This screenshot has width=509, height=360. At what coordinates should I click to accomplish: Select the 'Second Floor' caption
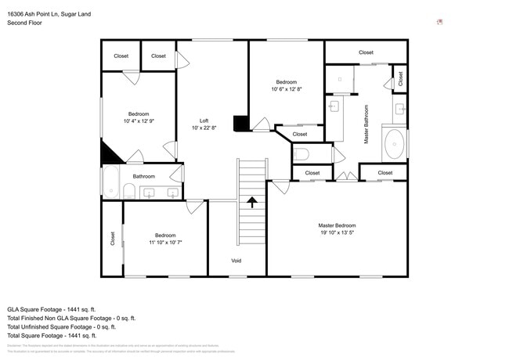point(24,23)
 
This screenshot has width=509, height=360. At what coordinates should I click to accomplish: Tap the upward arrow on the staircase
point(252,203)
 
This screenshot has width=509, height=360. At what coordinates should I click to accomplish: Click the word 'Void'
point(236,261)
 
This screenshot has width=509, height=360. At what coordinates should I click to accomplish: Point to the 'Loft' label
point(204,121)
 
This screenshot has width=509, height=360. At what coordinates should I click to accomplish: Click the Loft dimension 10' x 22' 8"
point(204,128)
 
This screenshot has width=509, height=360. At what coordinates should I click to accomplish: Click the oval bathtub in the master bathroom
point(395,145)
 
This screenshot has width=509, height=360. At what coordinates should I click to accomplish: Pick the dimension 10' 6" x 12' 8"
point(286,89)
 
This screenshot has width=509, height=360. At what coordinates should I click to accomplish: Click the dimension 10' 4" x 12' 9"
point(139,121)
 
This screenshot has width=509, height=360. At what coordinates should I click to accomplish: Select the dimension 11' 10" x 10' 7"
point(165,243)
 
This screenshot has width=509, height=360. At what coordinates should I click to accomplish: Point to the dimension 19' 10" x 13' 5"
point(337,232)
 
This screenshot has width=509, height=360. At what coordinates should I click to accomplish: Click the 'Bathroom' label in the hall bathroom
point(143,176)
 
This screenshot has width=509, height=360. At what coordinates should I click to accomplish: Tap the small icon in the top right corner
point(440,22)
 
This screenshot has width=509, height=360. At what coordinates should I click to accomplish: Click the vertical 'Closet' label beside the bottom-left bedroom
point(112,239)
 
